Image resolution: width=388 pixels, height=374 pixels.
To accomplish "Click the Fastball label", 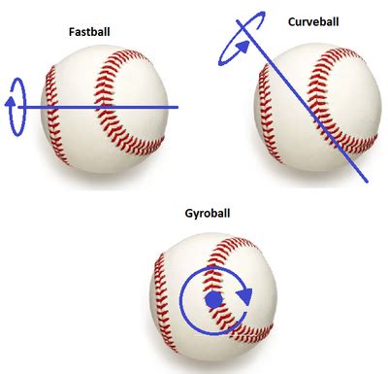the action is point(89,32).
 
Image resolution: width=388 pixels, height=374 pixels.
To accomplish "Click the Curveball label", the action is point(313,21).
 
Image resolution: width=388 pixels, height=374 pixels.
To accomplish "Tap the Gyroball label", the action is point(208,214).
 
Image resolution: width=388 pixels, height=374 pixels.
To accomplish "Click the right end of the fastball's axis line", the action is point(178,107).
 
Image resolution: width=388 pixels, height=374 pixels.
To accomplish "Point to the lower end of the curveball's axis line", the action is point(367,181).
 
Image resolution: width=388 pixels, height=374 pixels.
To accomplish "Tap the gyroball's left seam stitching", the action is point(163,301).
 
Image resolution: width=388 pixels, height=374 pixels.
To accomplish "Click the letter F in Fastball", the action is point(72,32).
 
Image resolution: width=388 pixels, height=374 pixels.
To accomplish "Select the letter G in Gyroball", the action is point(189,213).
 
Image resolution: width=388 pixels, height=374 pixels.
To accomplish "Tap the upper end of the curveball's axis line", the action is point(238,21).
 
